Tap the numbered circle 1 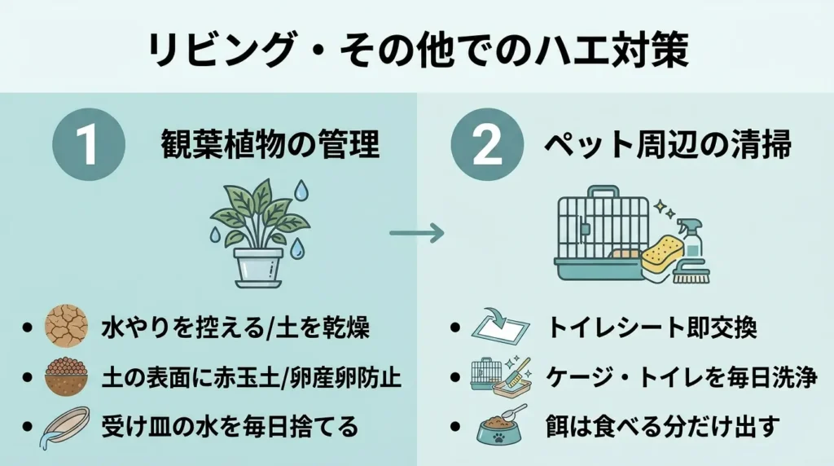pos(87,144)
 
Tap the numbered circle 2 pos(486,144)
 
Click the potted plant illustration pos(259,232)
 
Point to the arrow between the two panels pos(416,234)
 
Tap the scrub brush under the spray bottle pos(691,275)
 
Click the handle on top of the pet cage pos(602,193)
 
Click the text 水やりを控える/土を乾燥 pos(235,328)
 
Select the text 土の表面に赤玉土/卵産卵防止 pos(252,377)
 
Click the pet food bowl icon pos(500,425)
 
